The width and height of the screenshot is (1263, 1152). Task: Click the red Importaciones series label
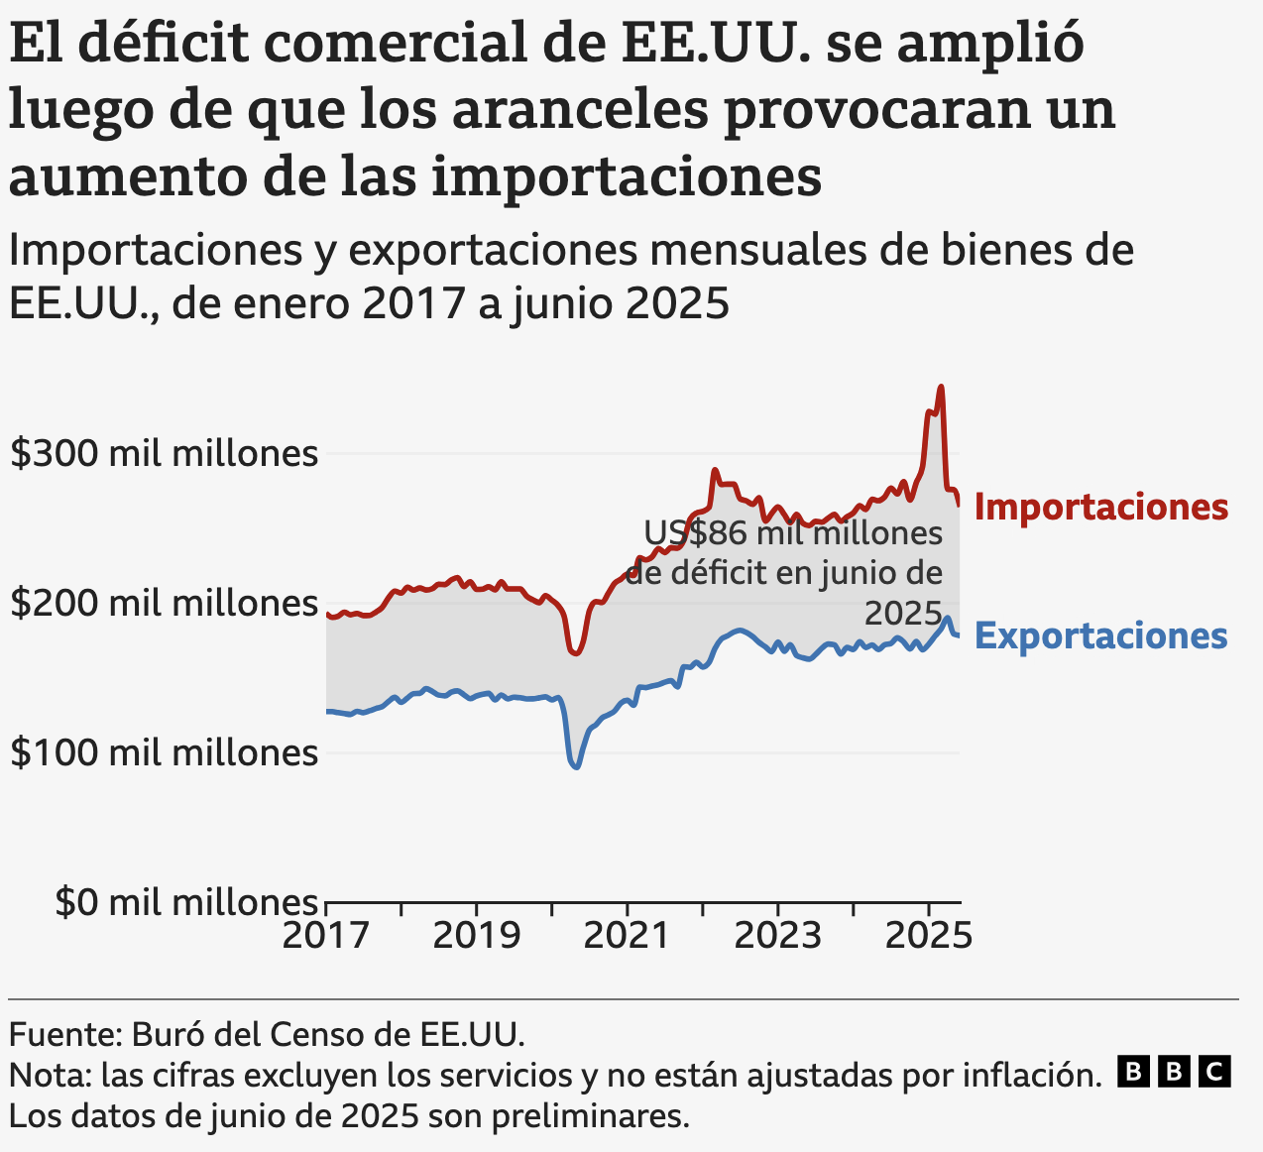tap(1100, 507)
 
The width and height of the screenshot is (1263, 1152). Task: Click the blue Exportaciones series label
tap(1100, 635)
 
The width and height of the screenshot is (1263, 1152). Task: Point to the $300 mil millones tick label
tap(164, 454)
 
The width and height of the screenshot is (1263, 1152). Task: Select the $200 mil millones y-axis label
tap(164, 603)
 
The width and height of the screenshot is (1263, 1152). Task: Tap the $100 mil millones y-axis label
tap(164, 752)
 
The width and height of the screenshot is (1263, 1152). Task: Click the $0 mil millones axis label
tap(186, 902)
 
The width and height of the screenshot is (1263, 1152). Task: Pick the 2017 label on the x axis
tap(326, 935)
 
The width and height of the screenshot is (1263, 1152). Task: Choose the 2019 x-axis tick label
tap(477, 935)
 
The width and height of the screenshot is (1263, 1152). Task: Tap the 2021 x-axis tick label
tap(628, 935)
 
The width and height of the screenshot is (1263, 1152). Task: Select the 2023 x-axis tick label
tap(778, 935)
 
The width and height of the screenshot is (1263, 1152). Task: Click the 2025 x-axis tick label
tap(929, 935)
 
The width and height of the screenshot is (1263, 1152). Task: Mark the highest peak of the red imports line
tap(941, 388)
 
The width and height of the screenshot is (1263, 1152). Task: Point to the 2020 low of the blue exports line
tap(575, 766)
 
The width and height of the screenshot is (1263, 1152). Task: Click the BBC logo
tap(1174, 1072)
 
